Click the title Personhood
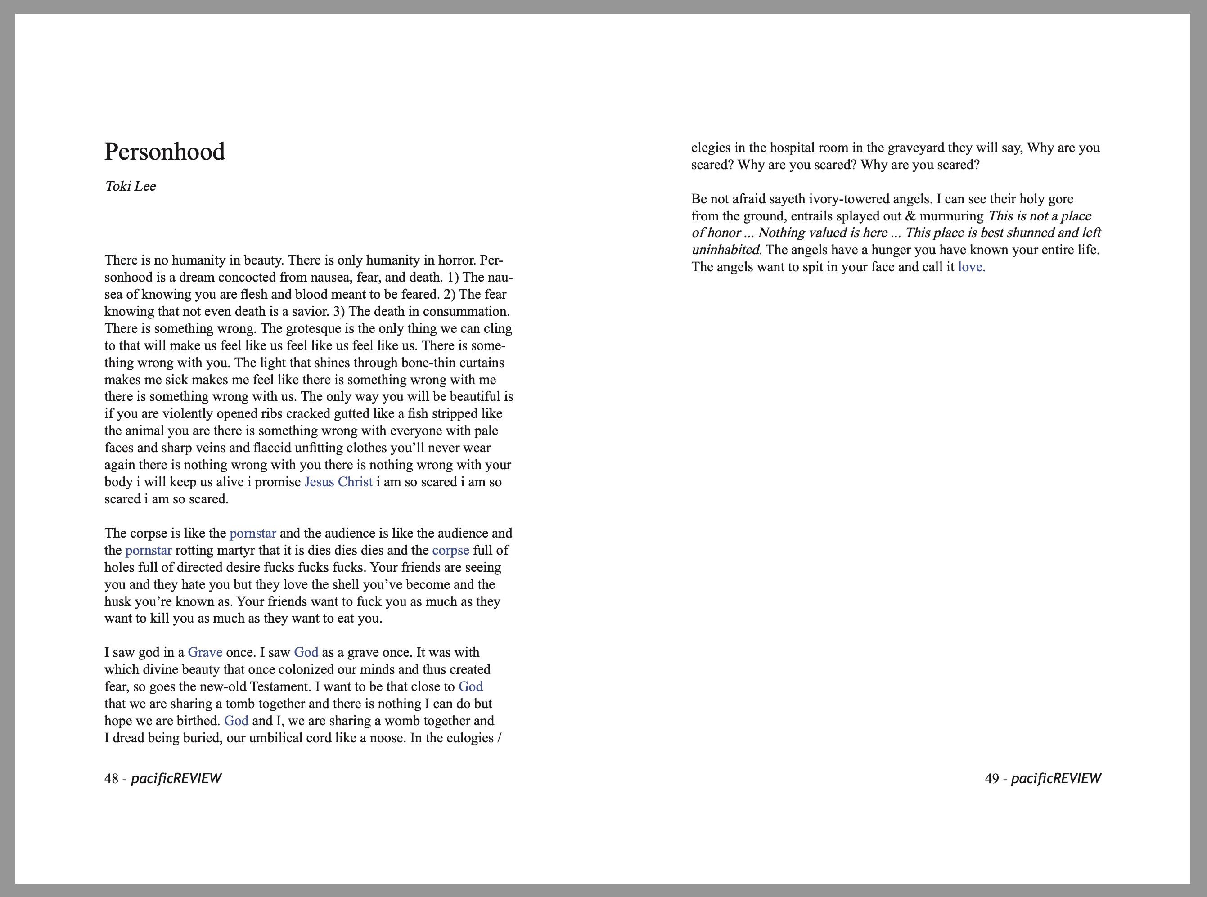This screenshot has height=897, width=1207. coord(165,152)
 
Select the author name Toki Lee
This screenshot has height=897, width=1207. coord(131,186)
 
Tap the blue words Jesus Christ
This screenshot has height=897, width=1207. coord(338,482)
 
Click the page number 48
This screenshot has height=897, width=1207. coord(111,779)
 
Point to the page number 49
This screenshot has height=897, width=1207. coord(992,779)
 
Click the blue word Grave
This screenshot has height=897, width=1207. coord(205,653)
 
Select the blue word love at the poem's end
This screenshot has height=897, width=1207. coord(971,267)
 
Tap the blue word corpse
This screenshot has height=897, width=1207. coord(450,551)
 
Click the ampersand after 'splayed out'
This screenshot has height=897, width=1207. coord(910,216)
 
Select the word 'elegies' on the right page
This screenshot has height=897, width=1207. coord(711,148)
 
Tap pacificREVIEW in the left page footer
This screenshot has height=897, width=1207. coord(176,779)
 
